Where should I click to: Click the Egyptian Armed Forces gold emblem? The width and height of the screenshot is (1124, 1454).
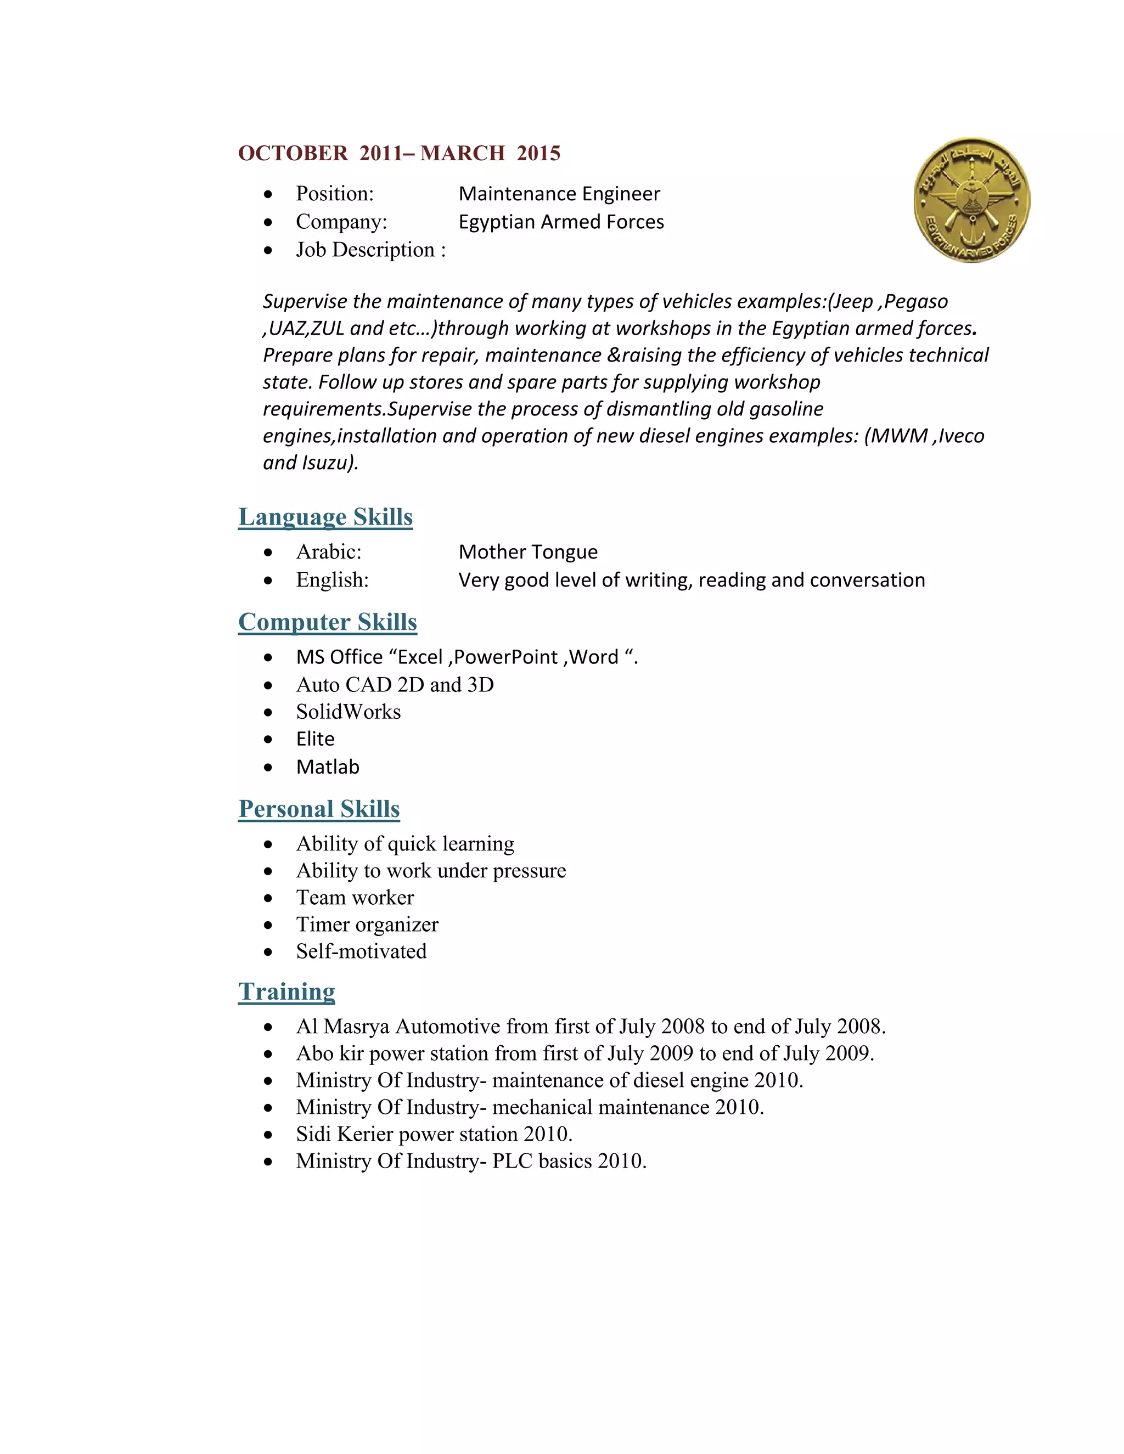(x=971, y=200)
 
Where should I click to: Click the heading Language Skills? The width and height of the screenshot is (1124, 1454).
(x=325, y=517)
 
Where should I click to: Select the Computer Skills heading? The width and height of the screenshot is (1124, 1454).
(x=327, y=622)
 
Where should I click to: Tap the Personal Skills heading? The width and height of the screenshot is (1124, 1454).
(x=318, y=809)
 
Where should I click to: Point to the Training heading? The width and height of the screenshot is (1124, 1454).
(x=286, y=991)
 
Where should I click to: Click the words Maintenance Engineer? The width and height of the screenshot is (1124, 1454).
(x=559, y=194)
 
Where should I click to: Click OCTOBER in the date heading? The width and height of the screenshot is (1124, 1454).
(x=293, y=153)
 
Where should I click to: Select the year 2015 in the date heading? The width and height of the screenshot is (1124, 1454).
(x=538, y=153)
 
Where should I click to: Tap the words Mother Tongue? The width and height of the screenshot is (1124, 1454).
(x=527, y=552)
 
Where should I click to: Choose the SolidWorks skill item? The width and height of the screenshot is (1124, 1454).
(x=349, y=712)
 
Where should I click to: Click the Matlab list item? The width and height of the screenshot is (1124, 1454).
(x=328, y=767)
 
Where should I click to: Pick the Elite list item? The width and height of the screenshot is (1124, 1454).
(x=315, y=739)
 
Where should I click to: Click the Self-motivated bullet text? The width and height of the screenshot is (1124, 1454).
(x=361, y=951)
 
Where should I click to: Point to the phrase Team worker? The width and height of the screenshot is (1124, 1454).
(x=355, y=898)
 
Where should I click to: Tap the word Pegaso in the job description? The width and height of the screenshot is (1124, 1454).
(x=915, y=302)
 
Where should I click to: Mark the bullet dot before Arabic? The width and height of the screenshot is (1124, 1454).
(x=268, y=553)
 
